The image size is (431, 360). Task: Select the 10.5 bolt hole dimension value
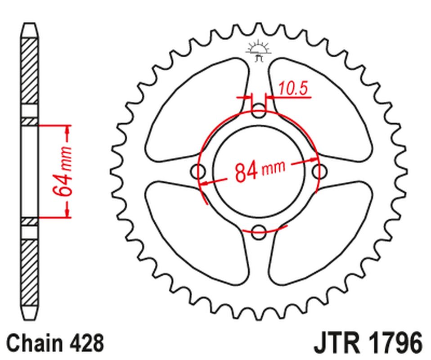(x=292, y=89)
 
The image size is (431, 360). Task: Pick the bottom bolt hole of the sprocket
(x=259, y=233)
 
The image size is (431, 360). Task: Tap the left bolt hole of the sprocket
(x=198, y=171)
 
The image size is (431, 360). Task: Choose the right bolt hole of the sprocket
(x=319, y=171)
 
